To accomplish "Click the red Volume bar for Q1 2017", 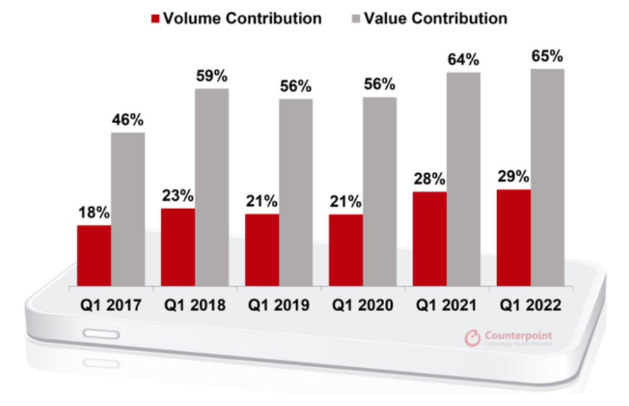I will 94,255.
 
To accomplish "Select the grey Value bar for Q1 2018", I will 212,187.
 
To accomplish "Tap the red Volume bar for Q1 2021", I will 429,239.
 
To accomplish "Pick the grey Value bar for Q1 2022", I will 547,177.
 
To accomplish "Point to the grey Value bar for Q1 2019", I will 296,192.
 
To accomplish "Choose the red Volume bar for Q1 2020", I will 346,250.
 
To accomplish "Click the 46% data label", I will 128,120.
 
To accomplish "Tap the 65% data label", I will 547,56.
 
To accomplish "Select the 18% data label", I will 94,213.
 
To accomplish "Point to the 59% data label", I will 212,77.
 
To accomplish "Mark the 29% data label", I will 513,177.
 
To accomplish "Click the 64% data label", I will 463,60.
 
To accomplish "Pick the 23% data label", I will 178,196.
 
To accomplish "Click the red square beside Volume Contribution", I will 156,19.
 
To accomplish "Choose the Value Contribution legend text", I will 434,19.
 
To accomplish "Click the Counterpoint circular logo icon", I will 472,338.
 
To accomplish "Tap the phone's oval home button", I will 102,334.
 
